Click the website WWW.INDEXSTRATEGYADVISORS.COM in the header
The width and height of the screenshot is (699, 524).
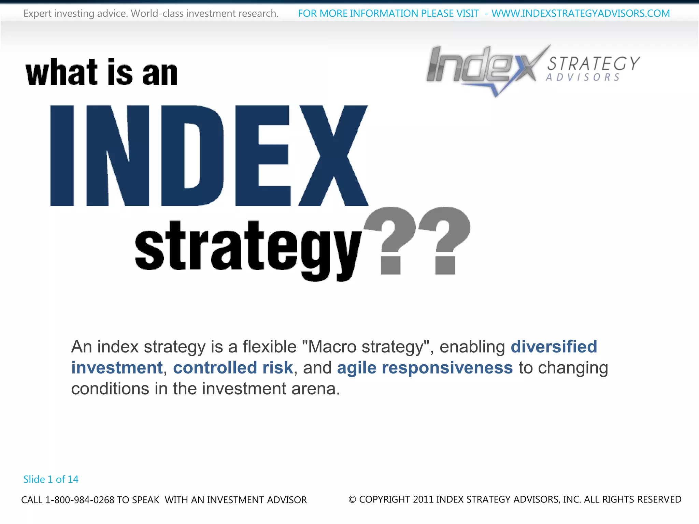pyautogui.click(x=581, y=13)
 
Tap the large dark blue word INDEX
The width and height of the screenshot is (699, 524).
pyautogui.click(x=209, y=156)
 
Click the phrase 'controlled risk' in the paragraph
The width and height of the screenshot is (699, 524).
pyautogui.click(x=233, y=368)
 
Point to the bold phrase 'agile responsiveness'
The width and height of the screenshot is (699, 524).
pyautogui.click(x=425, y=368)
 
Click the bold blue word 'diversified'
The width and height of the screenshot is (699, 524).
pyautogui.click(x=554, y=347)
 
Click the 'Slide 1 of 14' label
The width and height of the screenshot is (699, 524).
pyautogui.click(x=51, y=479)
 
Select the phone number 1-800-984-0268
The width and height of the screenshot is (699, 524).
pyautogui.click(x=80, y=500)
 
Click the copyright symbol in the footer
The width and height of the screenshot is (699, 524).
pyautogui.click(x=352, y=499)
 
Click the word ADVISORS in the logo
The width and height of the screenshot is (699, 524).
pyautogui.click(x=583, y=77)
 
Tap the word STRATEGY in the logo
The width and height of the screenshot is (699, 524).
pyautogui.click(x=594, y=63)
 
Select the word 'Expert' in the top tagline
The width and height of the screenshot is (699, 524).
pyautogui.click(x=37, y=14)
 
